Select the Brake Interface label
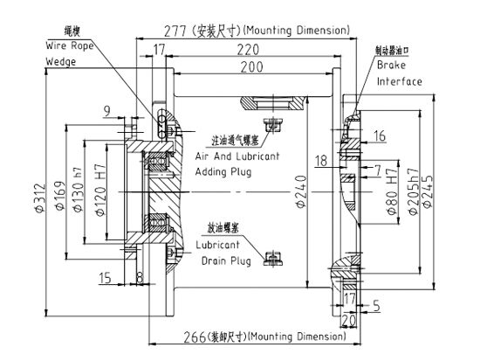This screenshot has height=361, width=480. pyautogui.click(x=399, y=73)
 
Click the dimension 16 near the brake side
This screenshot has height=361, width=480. pyautogui.click(x=380, y=135)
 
